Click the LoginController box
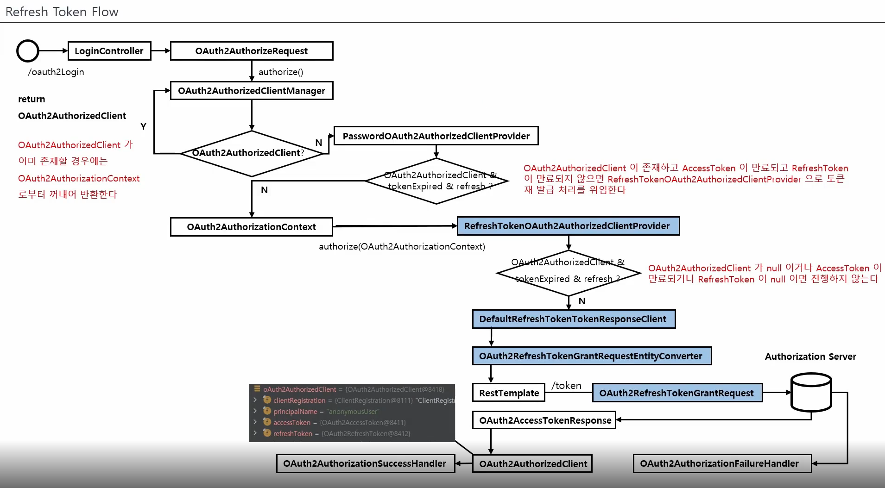tap(109, 51)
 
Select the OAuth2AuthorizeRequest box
tap(252, 51)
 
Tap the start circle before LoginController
tap(28, 51)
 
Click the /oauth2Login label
tap(56, 72)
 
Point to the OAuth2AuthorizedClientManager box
tap(252, 91)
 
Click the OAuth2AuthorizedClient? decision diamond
tap(251, 153)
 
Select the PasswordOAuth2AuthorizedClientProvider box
tap(436, 136)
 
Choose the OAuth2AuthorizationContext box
tap(252, 227)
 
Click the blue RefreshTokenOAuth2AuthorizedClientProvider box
tap(568, 226)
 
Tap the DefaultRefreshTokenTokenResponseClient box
tap(574, 319)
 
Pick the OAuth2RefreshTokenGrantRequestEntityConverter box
tap(592, 356)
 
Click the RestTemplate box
tap(509, 393)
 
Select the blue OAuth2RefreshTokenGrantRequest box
tap(677, 393)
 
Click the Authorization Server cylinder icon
tap(811, 393)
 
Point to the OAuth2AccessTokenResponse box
tap(544, 420)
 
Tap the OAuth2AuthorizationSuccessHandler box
tap(365, 463)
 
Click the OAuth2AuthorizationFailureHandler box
tap(722, 463)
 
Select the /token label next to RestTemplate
tap(566, 385)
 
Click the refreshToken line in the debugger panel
tap(293, 433)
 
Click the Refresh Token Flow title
tap(62, 12)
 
